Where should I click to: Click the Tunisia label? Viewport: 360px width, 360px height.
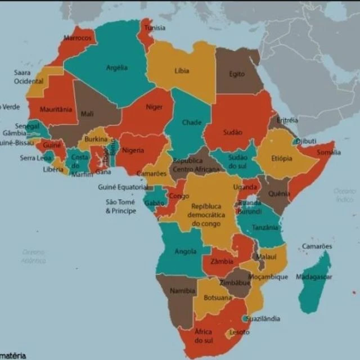point(155,28)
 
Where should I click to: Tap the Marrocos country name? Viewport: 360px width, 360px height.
point(77,38)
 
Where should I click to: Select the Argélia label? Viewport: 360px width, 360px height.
point(116,67)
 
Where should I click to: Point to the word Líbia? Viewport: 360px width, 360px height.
point(182,71)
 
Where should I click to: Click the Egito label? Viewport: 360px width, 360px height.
point(237,74)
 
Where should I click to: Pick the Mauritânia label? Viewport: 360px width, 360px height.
point(56,109)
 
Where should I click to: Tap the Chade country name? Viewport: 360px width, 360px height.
point(192,123)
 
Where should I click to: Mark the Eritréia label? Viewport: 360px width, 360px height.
point(287,120)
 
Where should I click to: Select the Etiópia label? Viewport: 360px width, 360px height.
point(282,158)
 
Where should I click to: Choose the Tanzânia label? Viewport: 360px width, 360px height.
point(265,227)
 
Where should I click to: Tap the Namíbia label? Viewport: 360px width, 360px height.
point(183,291)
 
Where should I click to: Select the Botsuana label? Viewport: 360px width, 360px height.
point(217,298)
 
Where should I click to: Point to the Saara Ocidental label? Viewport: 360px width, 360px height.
point(29,77)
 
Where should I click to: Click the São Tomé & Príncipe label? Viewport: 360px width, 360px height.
point(121,206)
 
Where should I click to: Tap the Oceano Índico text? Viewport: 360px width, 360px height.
point(344,195)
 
